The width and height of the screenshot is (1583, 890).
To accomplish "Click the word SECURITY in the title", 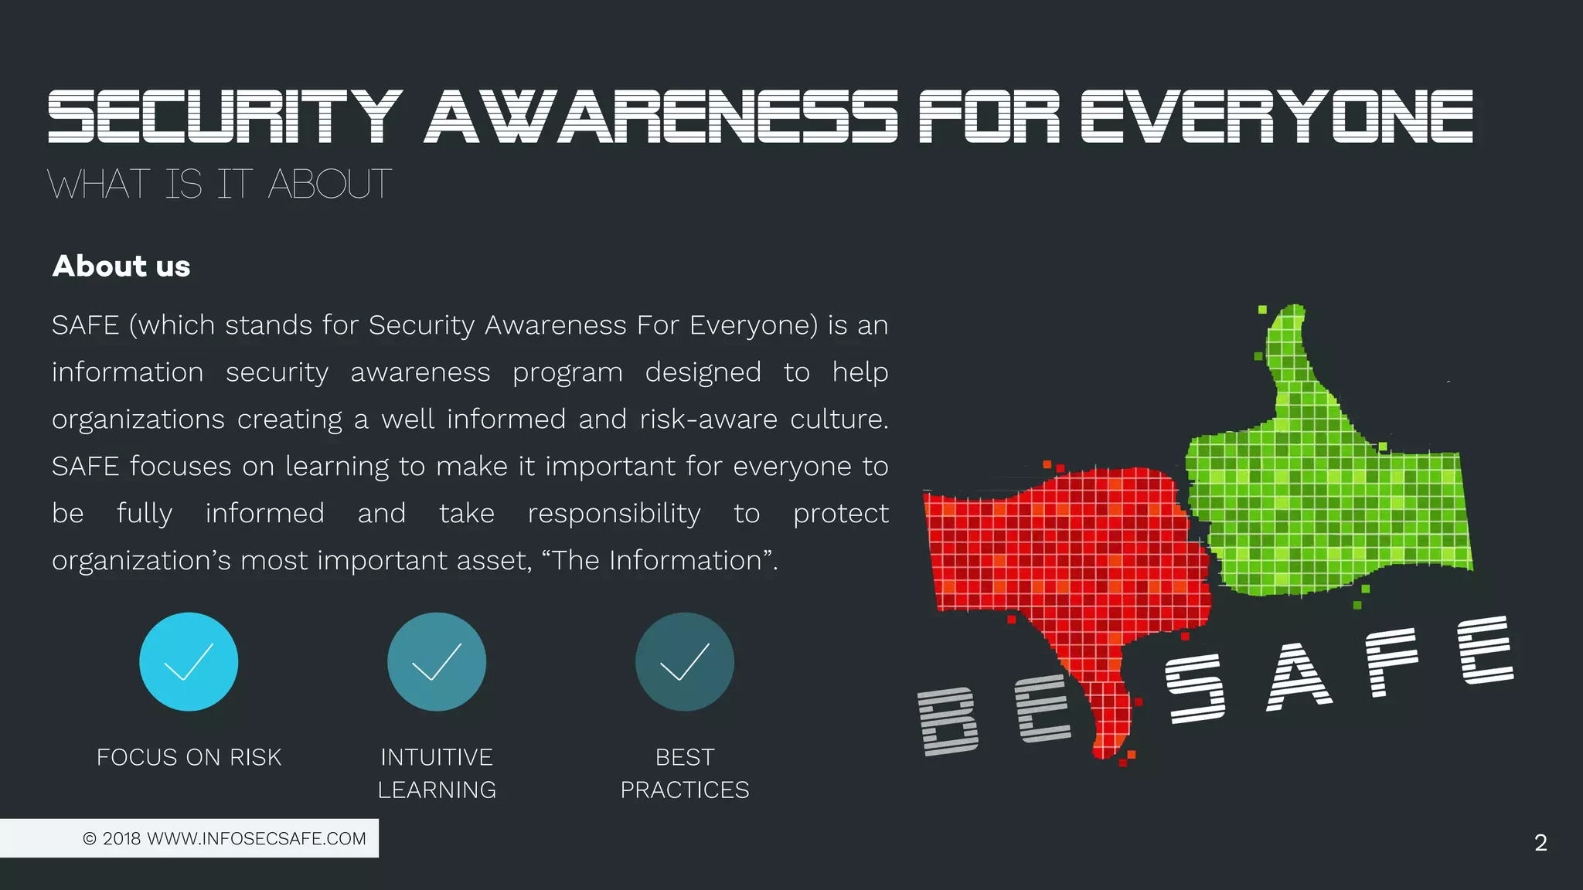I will click(x=224, y=117).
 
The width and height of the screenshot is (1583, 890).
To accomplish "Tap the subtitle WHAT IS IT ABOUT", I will click(x=220, y=185).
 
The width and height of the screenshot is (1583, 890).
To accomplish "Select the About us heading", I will click(x=121, y=267).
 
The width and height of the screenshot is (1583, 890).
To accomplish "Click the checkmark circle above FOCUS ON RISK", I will click(x=189, y=662).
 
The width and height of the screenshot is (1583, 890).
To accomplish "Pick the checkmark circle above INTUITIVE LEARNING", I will click(x=437, y=662).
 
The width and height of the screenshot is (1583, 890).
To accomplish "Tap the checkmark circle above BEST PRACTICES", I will click(x=685, y=662).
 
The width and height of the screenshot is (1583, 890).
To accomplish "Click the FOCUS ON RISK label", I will click(x=189, y=757).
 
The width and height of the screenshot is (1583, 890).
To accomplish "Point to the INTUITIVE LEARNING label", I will click(x=437, y=773).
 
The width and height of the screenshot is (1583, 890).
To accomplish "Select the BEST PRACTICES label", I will click(x=685, y=773).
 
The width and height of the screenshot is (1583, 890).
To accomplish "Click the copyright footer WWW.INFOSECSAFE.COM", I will click(x=224, y=838).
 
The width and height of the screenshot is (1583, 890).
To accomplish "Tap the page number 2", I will click(x=1540, y=843).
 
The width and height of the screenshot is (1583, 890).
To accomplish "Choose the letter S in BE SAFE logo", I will click(x=1195, y=688).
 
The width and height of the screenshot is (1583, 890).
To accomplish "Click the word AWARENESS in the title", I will click(x=661, y=117).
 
